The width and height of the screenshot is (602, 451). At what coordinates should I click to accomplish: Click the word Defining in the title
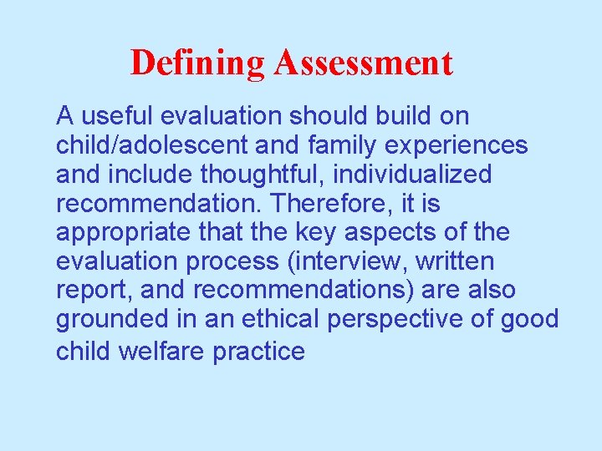pos(196,63)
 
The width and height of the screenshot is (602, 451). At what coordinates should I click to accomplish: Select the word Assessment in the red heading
pos(363,63)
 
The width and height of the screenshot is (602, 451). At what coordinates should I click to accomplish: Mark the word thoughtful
pos(222,175)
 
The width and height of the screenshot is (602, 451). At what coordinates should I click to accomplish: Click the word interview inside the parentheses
pos(339,262)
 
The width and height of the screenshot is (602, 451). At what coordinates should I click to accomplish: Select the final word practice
pos(258,351)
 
